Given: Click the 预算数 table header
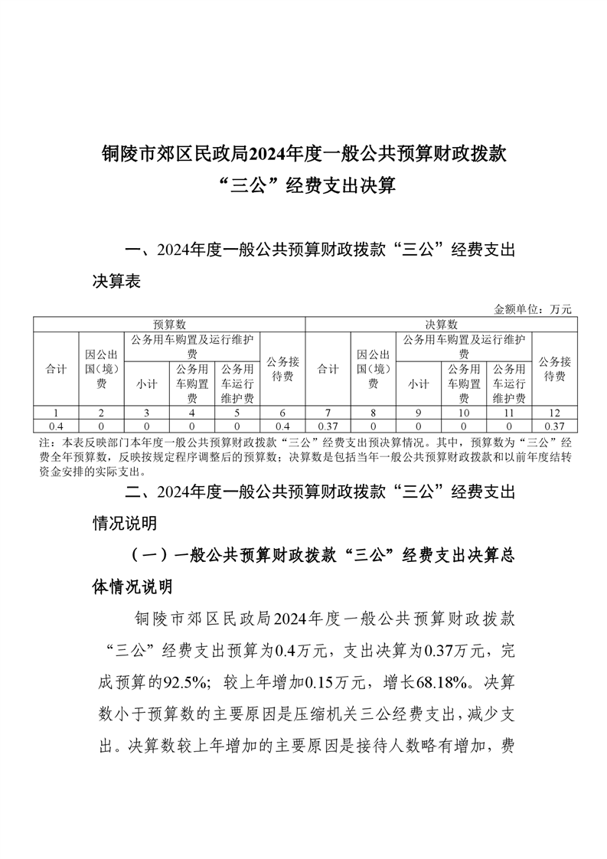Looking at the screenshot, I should click(x=169, y=325).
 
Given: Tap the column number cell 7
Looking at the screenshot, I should click(x=328, y=413).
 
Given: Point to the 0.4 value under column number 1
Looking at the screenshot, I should click(x=55, y=425).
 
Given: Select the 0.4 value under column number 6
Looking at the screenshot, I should click(x=282, y=425).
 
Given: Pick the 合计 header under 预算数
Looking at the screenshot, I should click(x=55, y=369).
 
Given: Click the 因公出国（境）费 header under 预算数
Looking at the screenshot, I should click(x=101, y=369).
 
